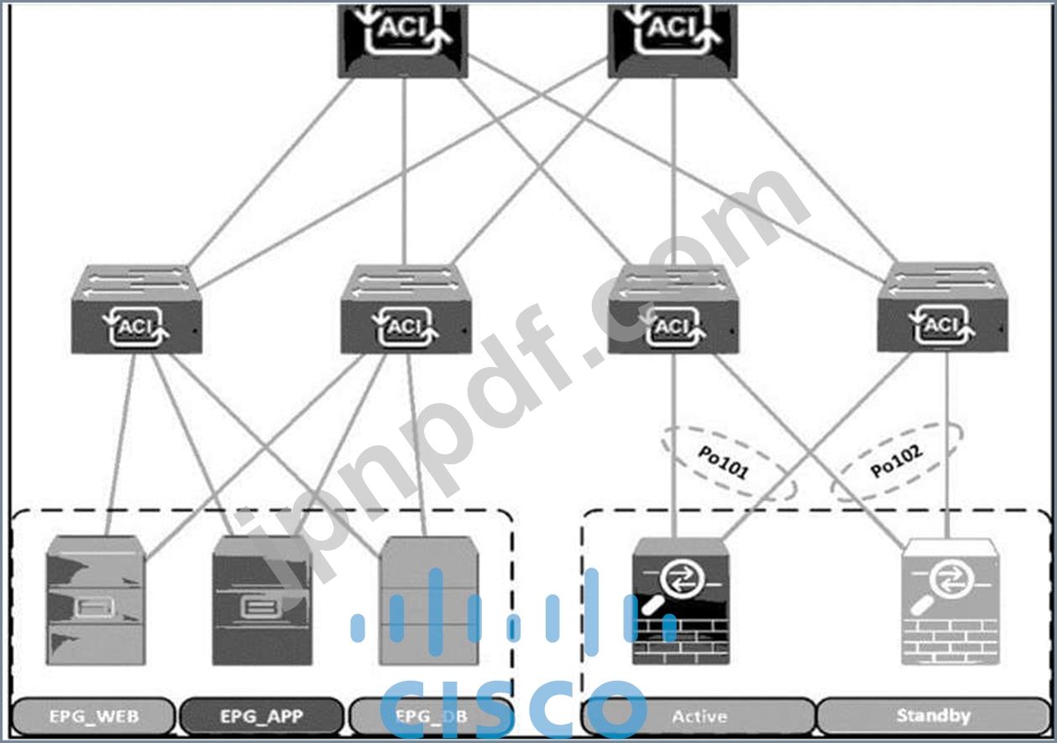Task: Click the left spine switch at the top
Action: pyautogui.click(x=403, y=38)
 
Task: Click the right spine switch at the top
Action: pyautogui.click(x=673, y=38)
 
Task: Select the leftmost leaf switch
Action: pyautogui.click(x=136, y=311)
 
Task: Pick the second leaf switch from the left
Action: pyautogui.click(x=406, y=311)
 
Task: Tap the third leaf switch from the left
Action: pyautogui.click(x=673, y=311)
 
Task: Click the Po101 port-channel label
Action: pyautogui.click(x=724, y=462)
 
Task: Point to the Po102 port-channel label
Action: pyautogui.click(x=896, y=461)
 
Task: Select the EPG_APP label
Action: pyautogui.click(x=261, y=716)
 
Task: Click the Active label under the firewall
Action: pyautogui.click(x=699, y=716)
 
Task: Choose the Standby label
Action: pyautogui.click(x=933, y=716)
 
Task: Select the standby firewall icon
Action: pyautogui.click(x=950, y=603)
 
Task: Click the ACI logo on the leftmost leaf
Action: pyautogui.click(x=134, y=327)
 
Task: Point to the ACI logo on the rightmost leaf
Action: pyautogui.click(x=941, y=326)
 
